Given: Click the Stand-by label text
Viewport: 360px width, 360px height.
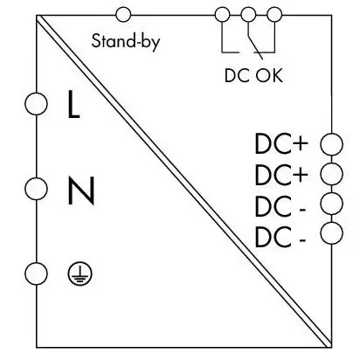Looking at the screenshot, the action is tap(126, 42).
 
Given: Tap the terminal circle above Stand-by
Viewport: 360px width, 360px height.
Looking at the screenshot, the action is tap(123, 15).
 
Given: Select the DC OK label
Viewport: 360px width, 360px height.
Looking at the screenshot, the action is tap(253, 75).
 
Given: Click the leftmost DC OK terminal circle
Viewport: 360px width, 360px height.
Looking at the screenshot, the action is tap(222, 15).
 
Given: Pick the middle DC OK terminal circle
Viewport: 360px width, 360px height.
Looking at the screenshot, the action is tap(248, 15).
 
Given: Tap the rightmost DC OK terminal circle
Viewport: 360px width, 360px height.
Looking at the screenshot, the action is tap(274, 15).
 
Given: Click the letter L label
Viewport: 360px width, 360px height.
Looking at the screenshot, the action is tap(73, 104).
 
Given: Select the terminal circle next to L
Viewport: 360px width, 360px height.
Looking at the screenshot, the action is tap(36, 104).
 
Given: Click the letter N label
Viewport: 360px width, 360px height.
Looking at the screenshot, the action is tap(81, 190).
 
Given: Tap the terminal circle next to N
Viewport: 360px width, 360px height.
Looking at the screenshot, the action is tap(36, 189).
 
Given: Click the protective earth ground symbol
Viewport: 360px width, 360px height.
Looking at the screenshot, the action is tap(80, 274).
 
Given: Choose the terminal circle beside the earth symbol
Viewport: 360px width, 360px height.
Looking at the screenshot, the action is tap(36, 273).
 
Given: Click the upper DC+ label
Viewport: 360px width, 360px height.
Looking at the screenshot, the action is tap(281, 143).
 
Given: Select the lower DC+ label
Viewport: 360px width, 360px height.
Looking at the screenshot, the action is tap(281, 175).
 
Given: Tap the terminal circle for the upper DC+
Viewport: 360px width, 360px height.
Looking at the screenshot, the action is tap(331, 144).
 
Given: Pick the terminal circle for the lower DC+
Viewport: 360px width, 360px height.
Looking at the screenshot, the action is tap(331, 174).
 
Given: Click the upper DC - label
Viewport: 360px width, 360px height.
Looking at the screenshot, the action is tap(280, 206).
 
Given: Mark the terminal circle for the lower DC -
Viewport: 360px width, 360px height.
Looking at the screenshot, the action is tap(331, 233).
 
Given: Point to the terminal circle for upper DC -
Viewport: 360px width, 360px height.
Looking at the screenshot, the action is tap(331, 204).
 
